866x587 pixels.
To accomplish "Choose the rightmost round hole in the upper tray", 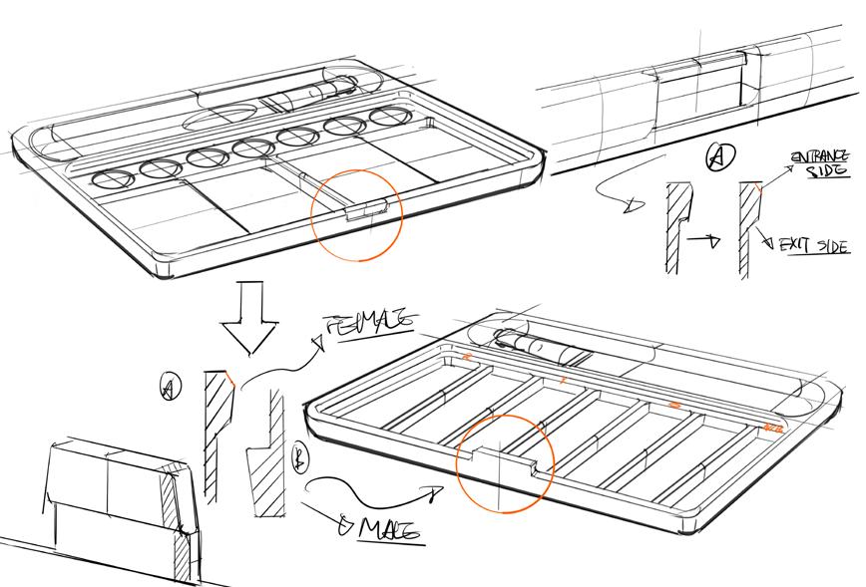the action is point(387,118).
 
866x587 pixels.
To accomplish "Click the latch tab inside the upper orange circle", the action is point(364,209).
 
